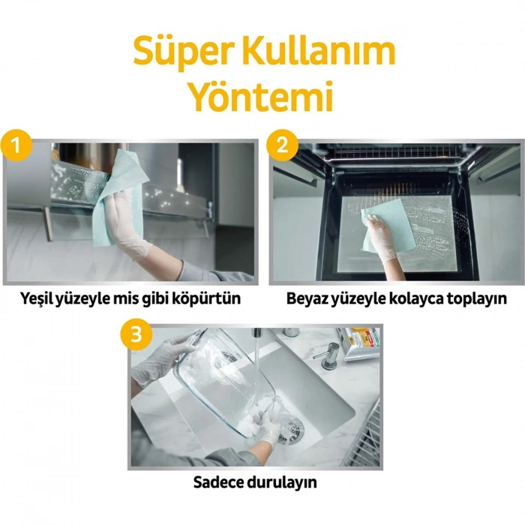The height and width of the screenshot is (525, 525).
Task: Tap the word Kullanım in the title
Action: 313,52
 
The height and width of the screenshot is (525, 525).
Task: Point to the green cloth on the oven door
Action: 377,229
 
